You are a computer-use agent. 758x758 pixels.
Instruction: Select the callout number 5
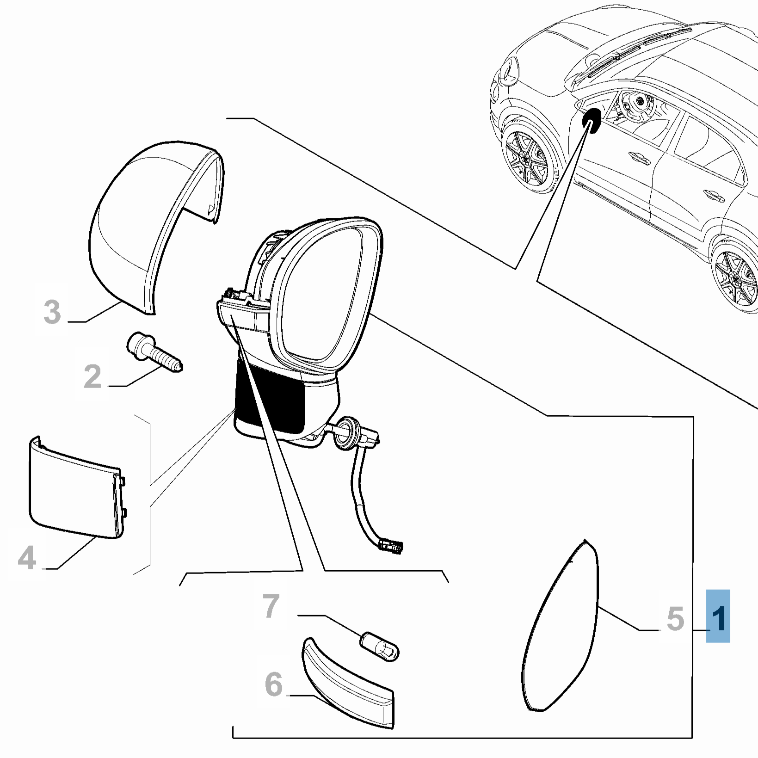pyautogui.click(x=675, y=618)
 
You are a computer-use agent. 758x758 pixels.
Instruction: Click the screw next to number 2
pyautogui.click(x=154, y=351)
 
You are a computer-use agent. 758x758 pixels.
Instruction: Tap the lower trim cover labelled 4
pyautogui.click(x=74, y=490)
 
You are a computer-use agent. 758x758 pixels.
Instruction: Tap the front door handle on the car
pyautogui.click(x=636, y=157)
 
